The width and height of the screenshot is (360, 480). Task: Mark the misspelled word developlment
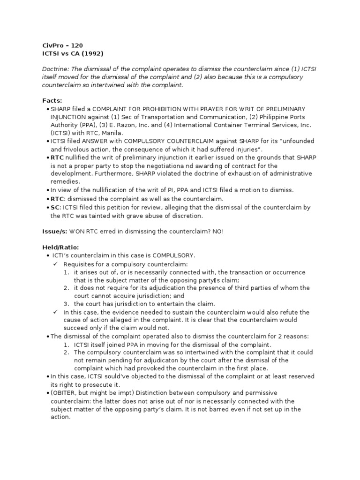tap(72, 173)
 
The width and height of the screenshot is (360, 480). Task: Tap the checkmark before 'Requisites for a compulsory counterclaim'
tap(55, 264)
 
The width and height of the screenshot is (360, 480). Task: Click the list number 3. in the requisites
tap(67, 304)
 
